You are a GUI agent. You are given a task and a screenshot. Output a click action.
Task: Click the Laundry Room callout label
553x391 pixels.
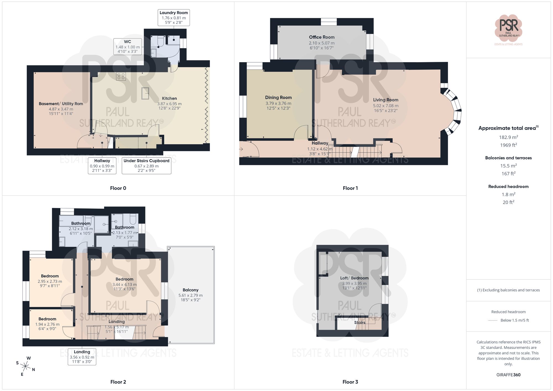coord(174,17)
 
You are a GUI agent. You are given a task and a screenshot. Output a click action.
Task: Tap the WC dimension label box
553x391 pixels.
coord(127,46)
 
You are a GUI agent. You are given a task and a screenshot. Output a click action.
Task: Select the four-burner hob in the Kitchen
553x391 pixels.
coord(121,76)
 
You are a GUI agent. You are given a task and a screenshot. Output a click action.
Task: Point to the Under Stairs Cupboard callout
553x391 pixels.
coord(146,166)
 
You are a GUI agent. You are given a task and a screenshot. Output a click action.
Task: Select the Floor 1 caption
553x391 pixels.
coord(350,188)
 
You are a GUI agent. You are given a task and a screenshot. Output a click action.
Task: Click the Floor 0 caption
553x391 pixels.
coord(118,188)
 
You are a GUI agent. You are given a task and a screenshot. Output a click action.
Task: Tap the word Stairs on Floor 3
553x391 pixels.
coord(359,322)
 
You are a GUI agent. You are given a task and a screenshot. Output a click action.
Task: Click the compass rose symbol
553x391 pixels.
coord(25,366)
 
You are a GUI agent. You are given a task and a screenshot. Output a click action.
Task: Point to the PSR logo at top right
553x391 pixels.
coord(508,28)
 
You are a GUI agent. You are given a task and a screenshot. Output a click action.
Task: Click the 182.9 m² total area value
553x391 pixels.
coord(508,137)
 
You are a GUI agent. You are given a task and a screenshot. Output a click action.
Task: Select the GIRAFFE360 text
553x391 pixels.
coord(508,375)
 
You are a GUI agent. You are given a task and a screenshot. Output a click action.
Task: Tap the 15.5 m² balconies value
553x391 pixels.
coord(508,166)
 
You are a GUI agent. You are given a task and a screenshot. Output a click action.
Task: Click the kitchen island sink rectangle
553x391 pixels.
coord(145,93)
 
